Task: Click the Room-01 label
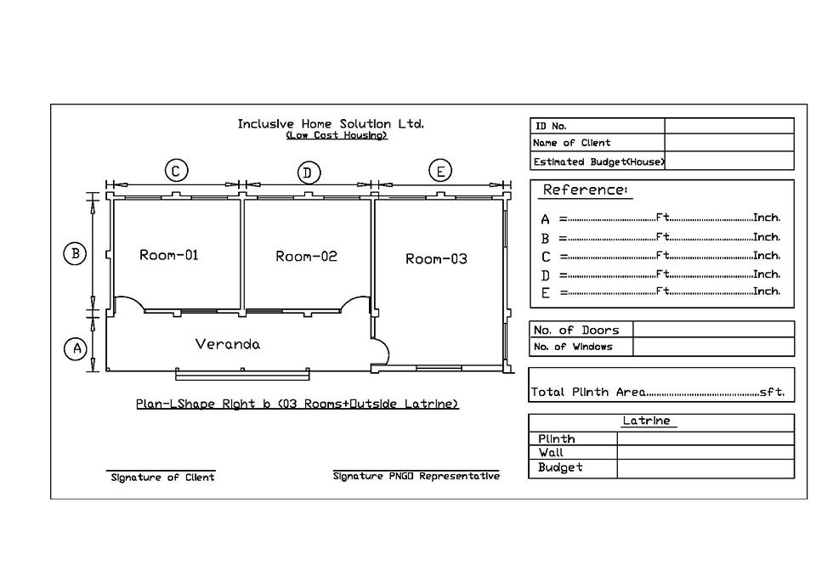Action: pos(168,255)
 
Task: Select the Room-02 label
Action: pos(306,256)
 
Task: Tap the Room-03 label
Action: pos(436,258)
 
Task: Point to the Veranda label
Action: pos(228,344)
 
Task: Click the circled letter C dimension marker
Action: pos(176,171)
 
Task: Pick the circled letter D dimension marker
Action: pos(308,173)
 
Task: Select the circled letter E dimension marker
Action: pos(440,171)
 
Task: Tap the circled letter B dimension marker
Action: pos(75,254)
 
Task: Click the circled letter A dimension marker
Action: pos(76,348)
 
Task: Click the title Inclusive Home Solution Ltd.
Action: pos(331,124)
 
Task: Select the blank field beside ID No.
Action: pos(729,126)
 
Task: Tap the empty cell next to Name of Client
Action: pos(729,142)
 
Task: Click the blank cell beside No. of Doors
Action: pos(713,330)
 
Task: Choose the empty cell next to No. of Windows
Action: pos(713,347)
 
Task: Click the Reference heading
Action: pos(585,190)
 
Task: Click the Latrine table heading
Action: pos(646,421)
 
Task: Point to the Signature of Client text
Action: pos(162,477)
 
